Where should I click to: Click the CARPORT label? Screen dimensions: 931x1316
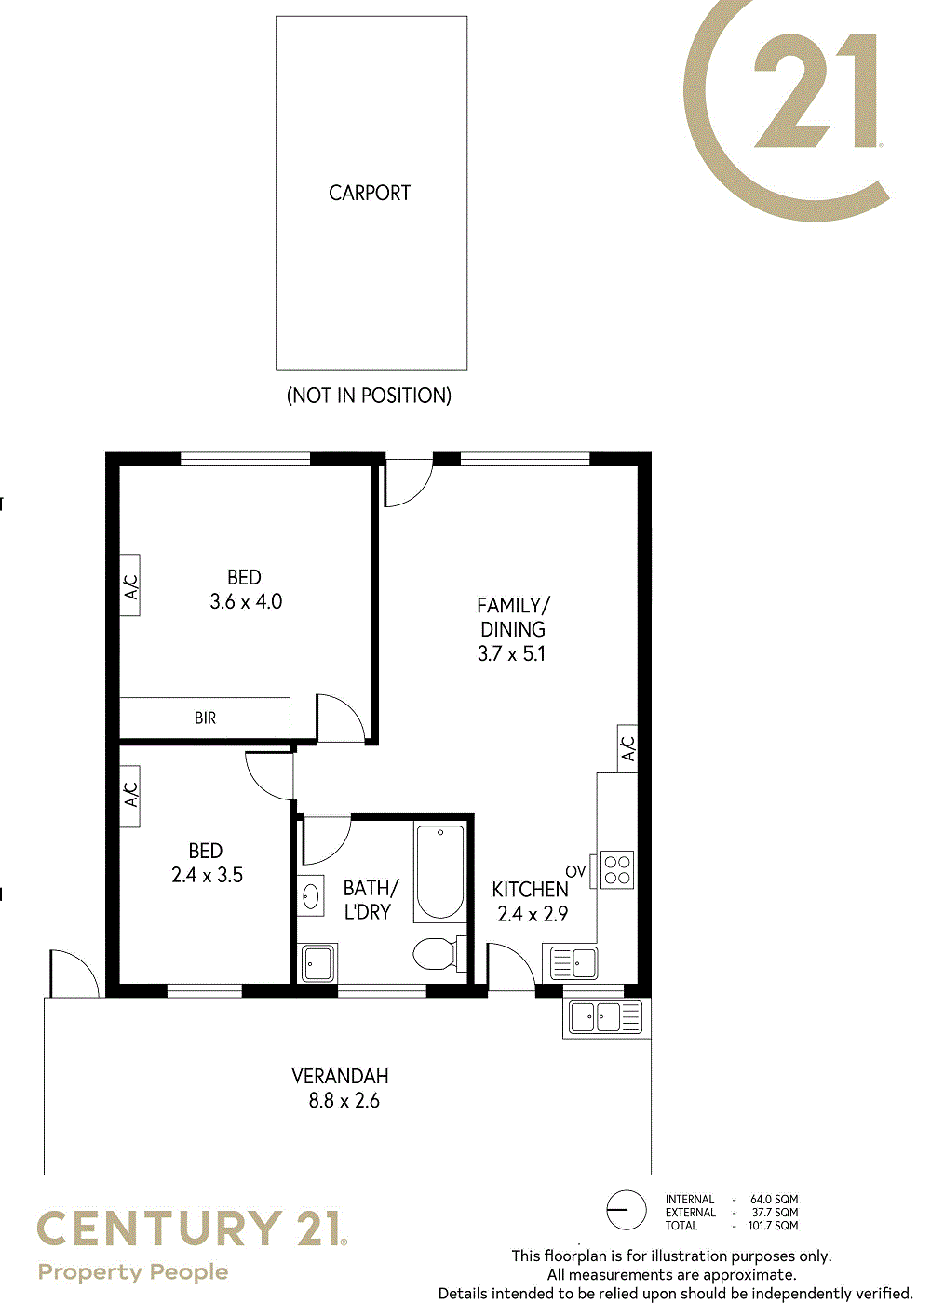click(x=369, y=193)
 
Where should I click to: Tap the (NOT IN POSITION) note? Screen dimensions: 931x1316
click(x=369, y=396)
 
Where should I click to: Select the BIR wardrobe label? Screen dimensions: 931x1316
click(x=205, y=718)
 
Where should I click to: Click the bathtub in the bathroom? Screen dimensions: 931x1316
click(x=440, y=872)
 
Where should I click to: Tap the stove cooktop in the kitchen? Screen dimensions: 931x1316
click(x=617, y=869)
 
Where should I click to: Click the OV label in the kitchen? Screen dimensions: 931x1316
click(x=575, y=871)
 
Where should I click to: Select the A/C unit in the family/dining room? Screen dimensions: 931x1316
click(x=627, y=748)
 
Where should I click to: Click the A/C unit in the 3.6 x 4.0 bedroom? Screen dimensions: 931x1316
click(x=130, y=585)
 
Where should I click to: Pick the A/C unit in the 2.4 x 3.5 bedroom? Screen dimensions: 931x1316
click(x=130, y=797)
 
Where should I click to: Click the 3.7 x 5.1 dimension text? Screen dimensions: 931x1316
click(x=511, y=653)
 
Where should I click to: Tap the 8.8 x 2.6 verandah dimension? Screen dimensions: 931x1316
click(x=344, y=1100)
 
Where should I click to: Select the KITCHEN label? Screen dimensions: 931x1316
click(x=530, y=890)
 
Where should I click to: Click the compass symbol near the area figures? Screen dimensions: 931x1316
click(x=626, y=1210)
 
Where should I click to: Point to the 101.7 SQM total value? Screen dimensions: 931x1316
click(x=773, y=1226)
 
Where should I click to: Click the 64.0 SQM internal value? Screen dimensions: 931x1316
click(x=774, y=1199)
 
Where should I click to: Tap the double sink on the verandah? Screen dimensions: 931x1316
click(x=606, y=1017)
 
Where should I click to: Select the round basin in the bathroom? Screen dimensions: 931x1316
click(x=310, y=896)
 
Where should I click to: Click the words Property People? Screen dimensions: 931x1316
click(x=133, y=1272)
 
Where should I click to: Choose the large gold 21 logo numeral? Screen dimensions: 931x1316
click(x=816, y=90)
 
